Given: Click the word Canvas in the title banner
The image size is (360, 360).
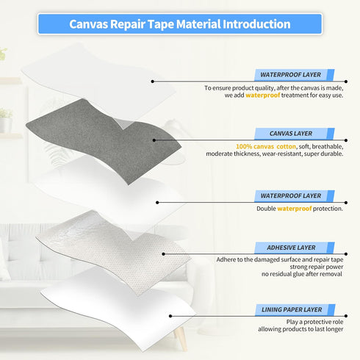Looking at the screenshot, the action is [89, 24].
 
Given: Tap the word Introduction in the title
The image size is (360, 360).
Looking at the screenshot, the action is [256, 24].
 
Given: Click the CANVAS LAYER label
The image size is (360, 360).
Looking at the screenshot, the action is [291, 134].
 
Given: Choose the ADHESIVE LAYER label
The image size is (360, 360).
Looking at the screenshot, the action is [291, 248].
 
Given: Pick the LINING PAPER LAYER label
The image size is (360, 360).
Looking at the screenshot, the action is [292, 309].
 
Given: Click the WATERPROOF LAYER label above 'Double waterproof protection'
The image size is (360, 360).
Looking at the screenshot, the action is [291, 195].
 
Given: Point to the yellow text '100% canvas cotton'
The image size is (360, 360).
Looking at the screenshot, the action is [266, 146].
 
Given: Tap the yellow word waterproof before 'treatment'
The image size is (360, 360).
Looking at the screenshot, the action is [262, 96].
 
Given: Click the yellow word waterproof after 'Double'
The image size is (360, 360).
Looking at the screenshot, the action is [295, 209].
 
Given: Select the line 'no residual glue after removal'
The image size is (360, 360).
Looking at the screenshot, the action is [302, 274].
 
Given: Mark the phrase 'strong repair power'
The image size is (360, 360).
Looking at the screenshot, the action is [317, 267].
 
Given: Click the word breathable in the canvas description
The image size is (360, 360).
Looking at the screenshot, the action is [328, 146].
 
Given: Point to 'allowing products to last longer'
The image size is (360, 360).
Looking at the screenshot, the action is [300, 329].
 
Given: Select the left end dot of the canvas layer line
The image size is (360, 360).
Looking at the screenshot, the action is [154, 140].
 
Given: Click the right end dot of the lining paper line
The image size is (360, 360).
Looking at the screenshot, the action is [346, 316].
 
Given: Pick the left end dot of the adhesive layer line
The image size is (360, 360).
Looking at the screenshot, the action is [163, 254].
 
